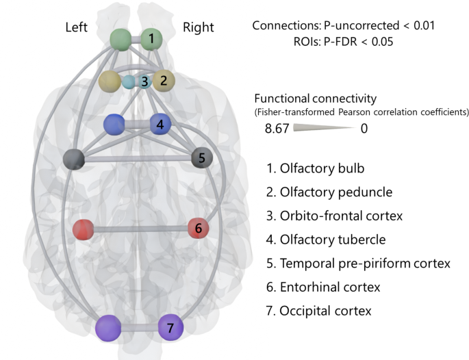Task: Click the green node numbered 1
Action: pos(151,38)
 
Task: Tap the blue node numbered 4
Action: pos(160,125)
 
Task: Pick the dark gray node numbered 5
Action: pos(201,158)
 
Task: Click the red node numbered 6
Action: pos(198,229)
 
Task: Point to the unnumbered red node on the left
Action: pos(83,229)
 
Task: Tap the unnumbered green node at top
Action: pos(121,39)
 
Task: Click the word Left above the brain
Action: pos(77,27)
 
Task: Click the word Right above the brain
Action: pos(198,27)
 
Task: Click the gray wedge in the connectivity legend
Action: pos(322,128)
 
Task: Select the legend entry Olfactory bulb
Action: pos(318,168)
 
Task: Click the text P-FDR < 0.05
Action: pos(342,42)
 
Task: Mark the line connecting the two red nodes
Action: pos(140,229)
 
